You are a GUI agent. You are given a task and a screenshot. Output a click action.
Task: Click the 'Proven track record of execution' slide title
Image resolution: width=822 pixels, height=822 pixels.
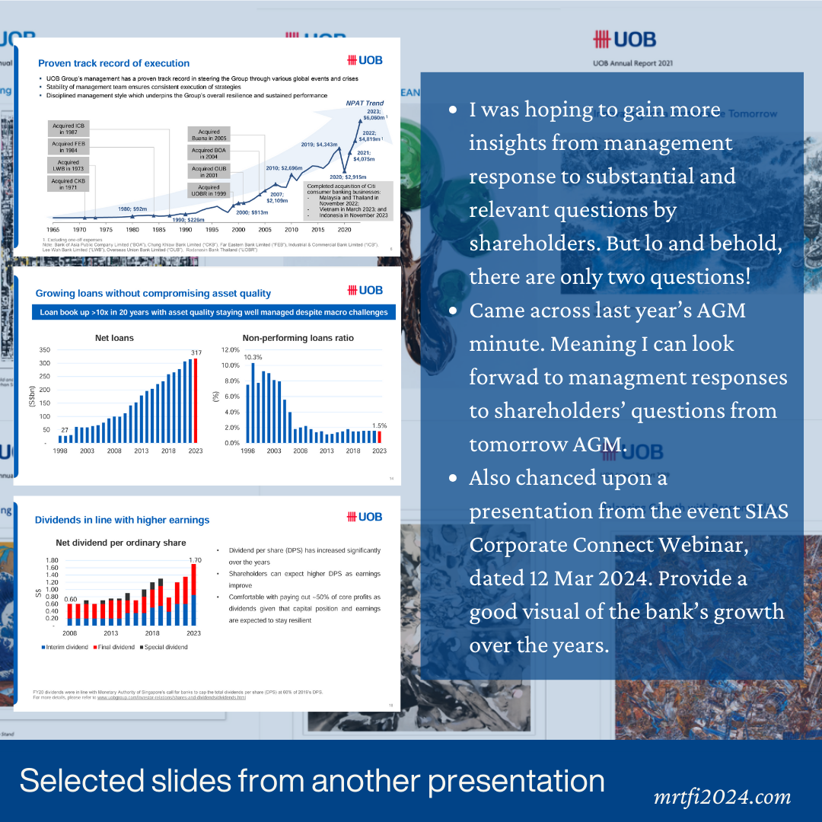(x=113, y=63)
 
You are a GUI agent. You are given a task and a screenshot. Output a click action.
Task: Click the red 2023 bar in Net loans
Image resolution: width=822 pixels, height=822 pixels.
(x=195, y=400)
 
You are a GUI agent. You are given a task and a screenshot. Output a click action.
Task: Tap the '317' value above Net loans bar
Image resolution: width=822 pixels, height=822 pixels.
(x=196, y=352)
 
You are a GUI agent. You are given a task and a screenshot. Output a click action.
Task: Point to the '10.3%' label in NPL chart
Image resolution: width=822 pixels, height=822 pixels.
(x=253, y=356)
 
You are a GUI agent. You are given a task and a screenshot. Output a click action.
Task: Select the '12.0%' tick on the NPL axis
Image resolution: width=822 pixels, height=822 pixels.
(x=229, y=350)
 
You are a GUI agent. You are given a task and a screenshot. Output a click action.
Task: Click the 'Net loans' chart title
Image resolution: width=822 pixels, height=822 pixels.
(x=114, y=338)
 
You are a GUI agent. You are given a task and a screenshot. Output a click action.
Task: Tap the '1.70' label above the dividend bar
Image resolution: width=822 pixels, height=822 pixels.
(x=194, y=560)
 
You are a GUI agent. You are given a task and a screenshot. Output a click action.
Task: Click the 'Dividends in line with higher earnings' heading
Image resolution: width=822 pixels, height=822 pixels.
(x=122, y=520)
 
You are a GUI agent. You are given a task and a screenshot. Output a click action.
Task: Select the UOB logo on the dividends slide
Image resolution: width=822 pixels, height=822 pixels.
(x=365, y=517)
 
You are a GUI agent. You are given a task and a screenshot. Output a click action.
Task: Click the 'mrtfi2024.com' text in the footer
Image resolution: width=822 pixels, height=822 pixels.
(x=722, y=797)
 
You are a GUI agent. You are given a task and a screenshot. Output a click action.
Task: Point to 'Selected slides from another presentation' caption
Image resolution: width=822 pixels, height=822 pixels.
(x=312, y=781)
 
